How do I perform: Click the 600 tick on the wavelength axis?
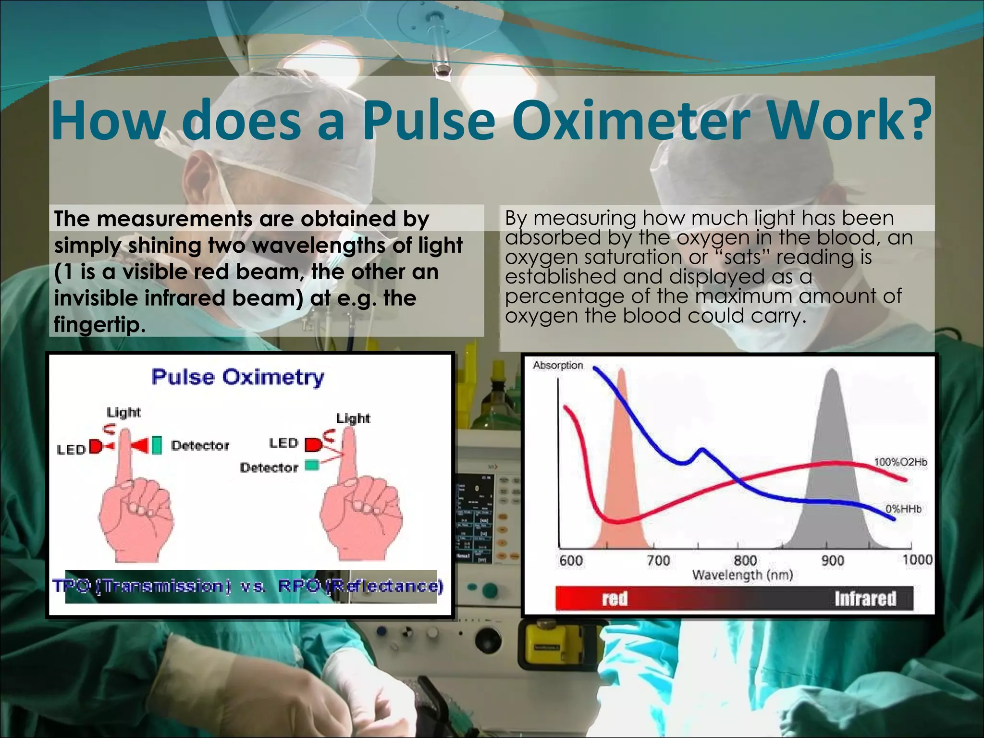click(571, 560)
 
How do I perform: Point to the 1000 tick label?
click(917, 560)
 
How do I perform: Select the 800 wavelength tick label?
click(745, 560)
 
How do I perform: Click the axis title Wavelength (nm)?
click(742, 575)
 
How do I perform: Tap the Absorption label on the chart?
click(557, 365)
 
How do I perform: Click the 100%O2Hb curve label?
click(900, 462)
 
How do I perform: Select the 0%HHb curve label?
click(903, 509)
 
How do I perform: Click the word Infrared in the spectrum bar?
click(865, 599)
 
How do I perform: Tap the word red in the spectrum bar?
click(615, 599)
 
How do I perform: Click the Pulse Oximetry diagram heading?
click(238, 377)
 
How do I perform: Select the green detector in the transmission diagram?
click(157, 445)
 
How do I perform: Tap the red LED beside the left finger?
click(95, 448)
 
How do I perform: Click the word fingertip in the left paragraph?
click(99, 325)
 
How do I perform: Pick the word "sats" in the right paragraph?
click(743, 258)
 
